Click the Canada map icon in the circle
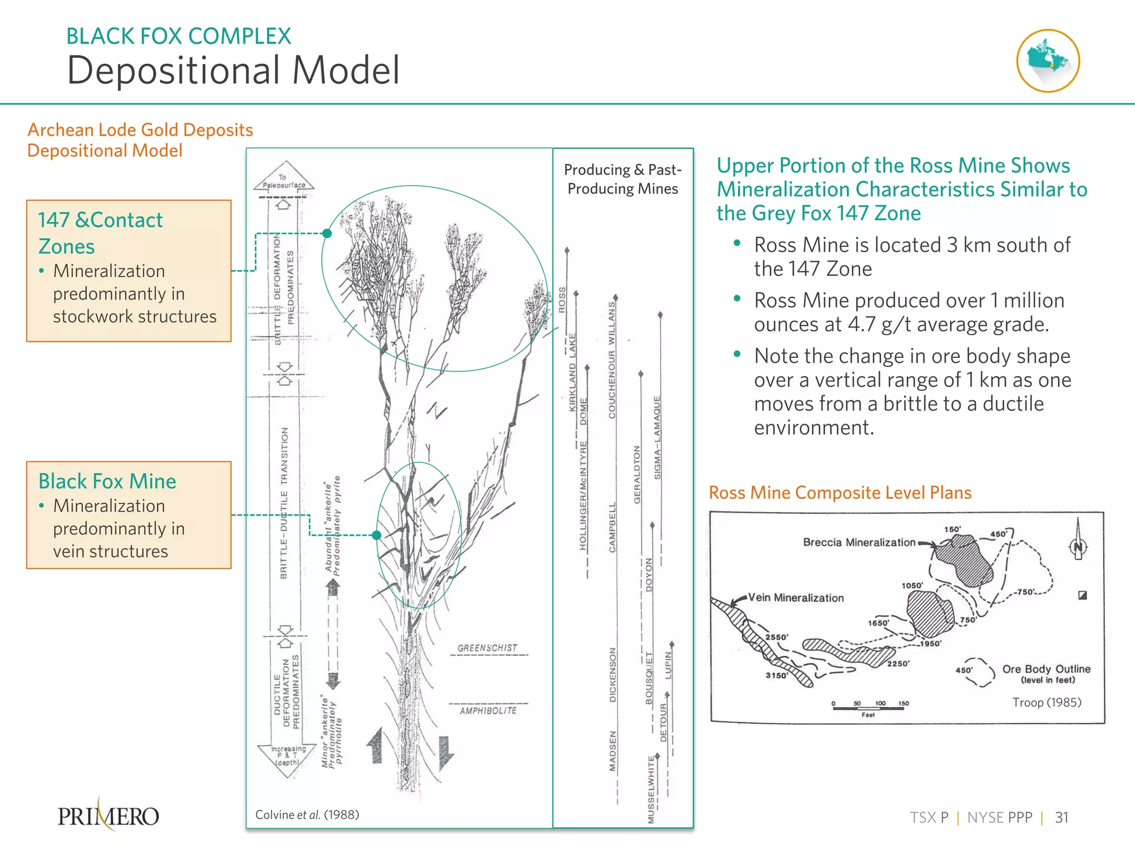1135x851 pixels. (x=1047, y=60)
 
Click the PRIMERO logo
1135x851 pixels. (x=109, y=816)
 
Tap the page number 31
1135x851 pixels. (x=1061, y=817)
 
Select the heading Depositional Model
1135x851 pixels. (x=233, y=70)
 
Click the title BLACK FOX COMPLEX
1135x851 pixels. (x=178, y=36)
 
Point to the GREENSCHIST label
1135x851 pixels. (x=487, y=648)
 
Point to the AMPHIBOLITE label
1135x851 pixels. (x=488, y=710)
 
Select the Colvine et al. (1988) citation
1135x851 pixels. (x=307, y=814)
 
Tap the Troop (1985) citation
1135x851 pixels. (x=1047, y=702)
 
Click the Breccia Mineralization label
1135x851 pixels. (x=859, y=542)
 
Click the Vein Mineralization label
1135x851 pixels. (x=796, y=598)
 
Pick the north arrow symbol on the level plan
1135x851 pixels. (x=1078, y=541)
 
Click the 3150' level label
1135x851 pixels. (x=776, y=675)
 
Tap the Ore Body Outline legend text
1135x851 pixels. (x=1046, y=669)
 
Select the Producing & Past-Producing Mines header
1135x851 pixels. (x=622, y=179)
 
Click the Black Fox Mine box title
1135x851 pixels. (x=107, y=481)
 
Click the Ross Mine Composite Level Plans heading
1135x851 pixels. (x=840, y=493)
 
